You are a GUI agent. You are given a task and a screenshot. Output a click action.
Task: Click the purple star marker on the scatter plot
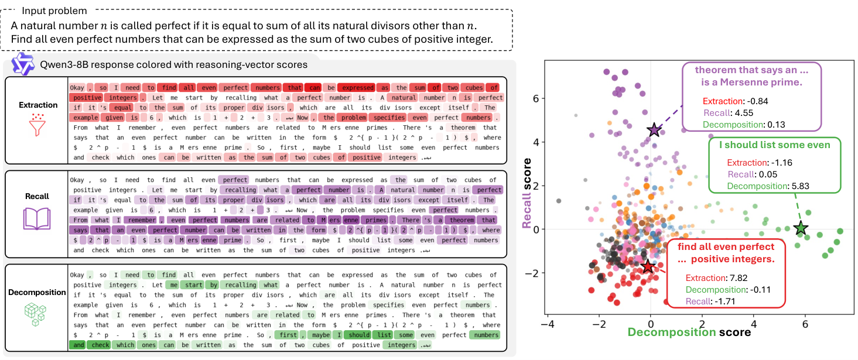(x=654, y=130)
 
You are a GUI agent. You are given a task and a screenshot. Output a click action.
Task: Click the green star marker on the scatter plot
(x=801, y=228)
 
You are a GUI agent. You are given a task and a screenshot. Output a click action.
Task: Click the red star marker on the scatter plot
(x=648, y=266)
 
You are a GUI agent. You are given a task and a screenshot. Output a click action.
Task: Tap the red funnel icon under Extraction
(x=37, y=125)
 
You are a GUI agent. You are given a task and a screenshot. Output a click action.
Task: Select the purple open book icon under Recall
(x=37, y=218)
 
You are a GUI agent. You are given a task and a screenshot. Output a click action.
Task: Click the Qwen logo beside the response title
(x=23, y=64)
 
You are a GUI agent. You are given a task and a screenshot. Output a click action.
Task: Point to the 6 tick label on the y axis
(x=536, y=98)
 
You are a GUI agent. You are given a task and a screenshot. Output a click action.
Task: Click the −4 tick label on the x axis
(x=548, y=324)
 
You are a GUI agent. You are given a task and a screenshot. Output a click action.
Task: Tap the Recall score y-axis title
(x=527, y=193)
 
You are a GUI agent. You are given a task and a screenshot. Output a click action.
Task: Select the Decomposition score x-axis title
(x=689, y=332)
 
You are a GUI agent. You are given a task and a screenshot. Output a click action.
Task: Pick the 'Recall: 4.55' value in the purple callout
(x=728, y=113)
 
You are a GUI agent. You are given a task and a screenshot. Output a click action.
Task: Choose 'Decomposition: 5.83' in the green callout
(x=768, y=186)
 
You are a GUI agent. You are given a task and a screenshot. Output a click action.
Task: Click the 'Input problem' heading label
(x=54, y=11)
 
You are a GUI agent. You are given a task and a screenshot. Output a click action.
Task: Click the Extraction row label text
(x=38, y=105)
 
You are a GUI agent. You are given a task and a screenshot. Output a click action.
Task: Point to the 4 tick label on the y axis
(x=536, y=142)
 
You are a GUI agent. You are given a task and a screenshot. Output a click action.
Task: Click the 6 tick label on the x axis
(x=805, y=324)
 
